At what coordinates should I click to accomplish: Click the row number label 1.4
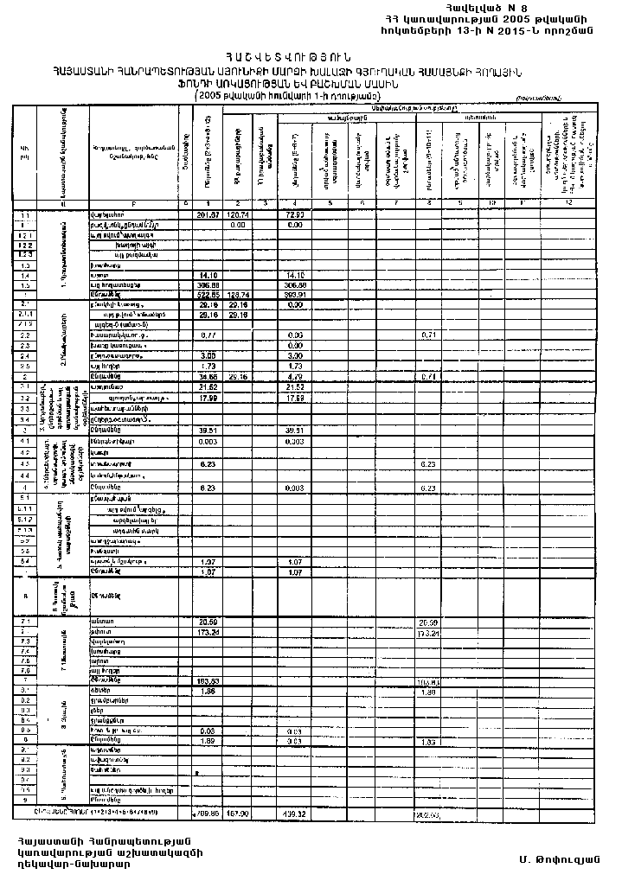25,274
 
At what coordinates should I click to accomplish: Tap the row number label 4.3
25,463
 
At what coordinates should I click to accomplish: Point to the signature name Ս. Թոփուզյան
554,859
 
